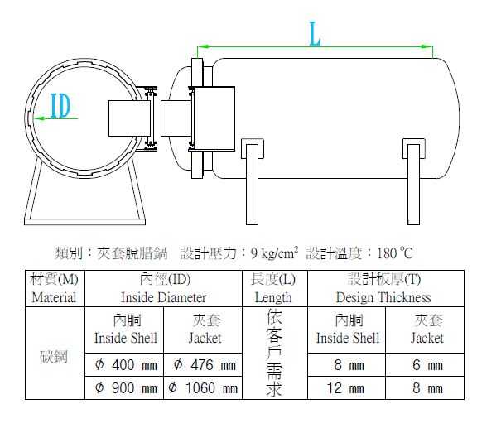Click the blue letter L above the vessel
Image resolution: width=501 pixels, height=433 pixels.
(x=315, y=34)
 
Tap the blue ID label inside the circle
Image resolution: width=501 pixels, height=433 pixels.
(x=60, y=106)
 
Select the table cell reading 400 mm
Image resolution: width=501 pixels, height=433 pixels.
(x=124, y=364)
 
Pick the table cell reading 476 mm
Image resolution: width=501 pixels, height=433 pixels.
(x=203, y=364)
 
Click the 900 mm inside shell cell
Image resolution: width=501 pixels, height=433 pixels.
(x=124, y=388)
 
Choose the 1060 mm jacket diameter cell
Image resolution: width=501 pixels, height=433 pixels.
(x=203, y=388)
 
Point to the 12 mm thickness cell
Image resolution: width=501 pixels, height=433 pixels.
(x=346, y=388)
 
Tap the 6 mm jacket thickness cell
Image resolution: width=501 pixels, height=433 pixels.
(x=425, y=364)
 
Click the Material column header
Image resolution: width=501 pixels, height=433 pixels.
(x=55, y=289)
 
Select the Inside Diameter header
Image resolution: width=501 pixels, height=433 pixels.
(x=164, y=289)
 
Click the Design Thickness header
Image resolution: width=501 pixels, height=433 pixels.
(x=386, y=289)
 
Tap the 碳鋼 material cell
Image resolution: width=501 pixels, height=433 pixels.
(x=54, y=356)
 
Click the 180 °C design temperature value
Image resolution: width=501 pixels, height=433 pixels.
(x=395, y=253)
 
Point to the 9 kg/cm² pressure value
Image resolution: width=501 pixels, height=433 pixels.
(x=274, y=253)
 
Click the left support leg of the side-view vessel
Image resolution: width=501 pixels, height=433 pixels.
(x=252, y=181)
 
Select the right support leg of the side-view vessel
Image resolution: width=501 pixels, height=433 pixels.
(x=414, y=181)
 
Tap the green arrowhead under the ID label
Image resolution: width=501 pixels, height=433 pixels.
(x=39, y=118)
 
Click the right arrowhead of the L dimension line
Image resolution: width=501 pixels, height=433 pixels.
(x=427, y=46)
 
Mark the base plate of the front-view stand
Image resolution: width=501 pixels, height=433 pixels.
(x=84, y=222)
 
